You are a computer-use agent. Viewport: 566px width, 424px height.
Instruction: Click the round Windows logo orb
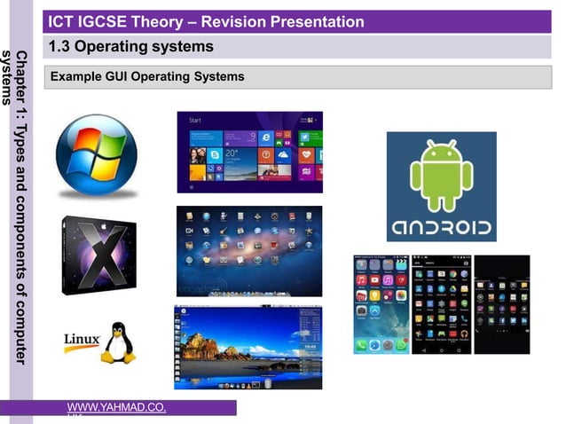97,155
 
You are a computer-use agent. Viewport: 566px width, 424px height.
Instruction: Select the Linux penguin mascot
117,342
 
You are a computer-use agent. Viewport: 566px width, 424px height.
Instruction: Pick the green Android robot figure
441,173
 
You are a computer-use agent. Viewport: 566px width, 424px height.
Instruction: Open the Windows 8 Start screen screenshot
249,152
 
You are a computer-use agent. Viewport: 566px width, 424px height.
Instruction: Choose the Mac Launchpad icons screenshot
249,251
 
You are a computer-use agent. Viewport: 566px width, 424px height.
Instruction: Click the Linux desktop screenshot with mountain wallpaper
248,347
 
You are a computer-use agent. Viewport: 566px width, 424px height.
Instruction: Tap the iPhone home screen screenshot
381,304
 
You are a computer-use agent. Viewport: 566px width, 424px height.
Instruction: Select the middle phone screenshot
441,304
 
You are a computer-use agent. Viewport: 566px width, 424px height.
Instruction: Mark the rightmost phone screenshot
501,304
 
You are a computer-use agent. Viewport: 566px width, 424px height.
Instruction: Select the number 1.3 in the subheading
61,46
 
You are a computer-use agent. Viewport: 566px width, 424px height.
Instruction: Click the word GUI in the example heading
117,77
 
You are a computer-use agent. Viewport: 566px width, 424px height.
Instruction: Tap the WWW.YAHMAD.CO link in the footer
115,407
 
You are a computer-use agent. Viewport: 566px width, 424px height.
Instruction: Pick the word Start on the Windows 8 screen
195,120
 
